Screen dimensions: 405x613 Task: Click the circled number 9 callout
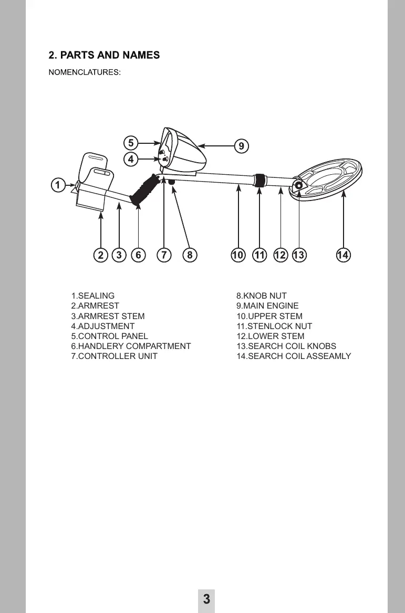241,146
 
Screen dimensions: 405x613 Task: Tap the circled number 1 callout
58,185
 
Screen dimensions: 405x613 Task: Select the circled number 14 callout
343,255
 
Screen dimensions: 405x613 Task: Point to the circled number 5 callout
131,143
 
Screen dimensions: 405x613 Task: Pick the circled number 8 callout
190,255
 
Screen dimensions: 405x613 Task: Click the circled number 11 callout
259,255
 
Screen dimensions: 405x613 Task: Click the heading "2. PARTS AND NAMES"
104,55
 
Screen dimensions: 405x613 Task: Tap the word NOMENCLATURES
85,72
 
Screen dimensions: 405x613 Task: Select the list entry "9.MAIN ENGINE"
267,306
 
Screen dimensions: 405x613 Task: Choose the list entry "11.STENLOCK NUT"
274,326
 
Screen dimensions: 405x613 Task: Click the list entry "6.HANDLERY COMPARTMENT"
131,346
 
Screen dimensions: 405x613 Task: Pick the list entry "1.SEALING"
92,296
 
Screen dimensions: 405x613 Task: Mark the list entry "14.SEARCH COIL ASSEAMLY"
294,356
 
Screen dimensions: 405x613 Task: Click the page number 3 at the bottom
206,599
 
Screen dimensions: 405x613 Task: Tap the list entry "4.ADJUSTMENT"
102,326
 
